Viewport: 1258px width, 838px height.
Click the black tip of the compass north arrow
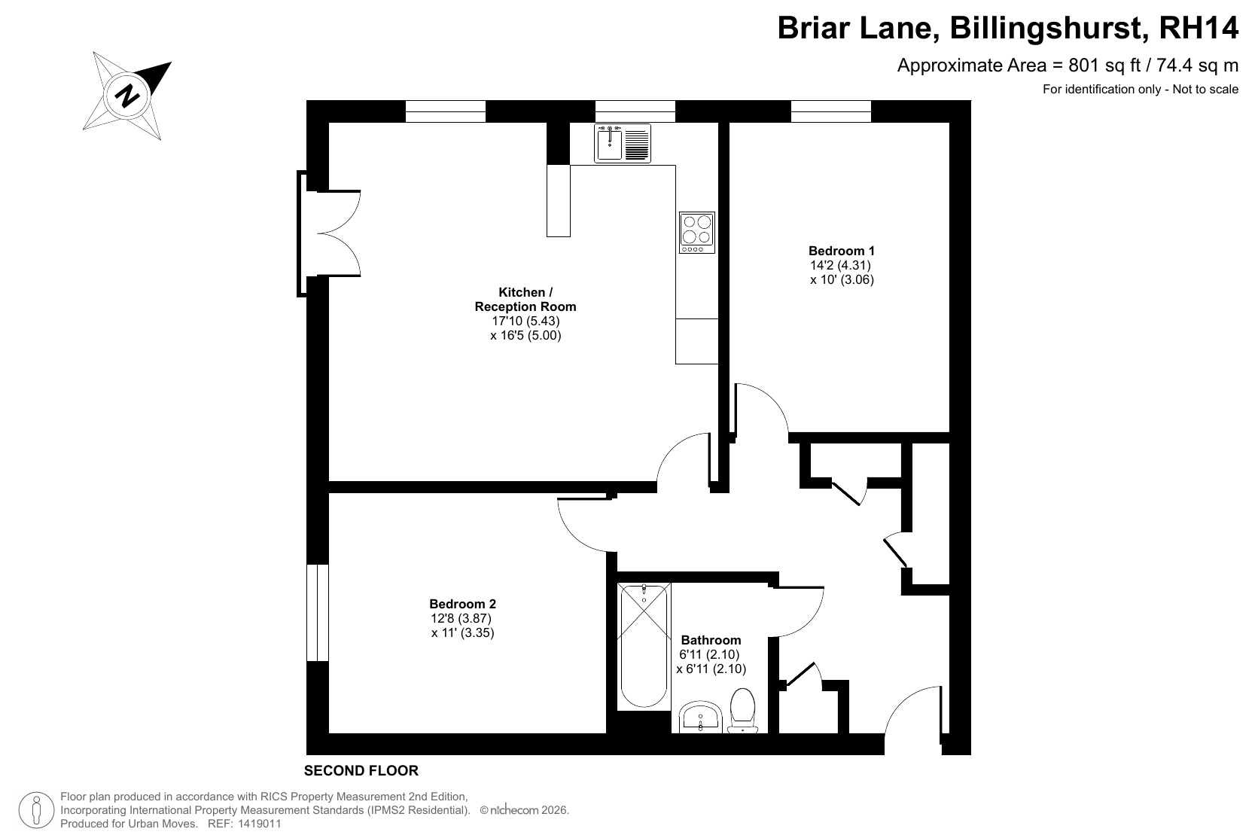tap(171, 62)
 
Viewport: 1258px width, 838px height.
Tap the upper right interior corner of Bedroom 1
tap(949, 123)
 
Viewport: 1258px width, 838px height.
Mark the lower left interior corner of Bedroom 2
tap(329, 733)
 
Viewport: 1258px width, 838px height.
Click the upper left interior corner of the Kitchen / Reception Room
tap(329, 123)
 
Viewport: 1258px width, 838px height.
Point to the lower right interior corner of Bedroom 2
tap(606, 733)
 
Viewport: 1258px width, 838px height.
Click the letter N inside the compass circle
tap(127, 96)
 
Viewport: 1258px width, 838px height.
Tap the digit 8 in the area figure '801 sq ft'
tap(1074, 66)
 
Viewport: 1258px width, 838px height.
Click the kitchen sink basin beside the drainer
tap(609, 144)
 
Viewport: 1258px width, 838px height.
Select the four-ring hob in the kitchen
tap(697, 233)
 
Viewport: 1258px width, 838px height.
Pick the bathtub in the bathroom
tap(644, 647)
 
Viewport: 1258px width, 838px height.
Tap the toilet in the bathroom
tap(742, 711)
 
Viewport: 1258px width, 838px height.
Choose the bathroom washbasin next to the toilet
tap(700, 718)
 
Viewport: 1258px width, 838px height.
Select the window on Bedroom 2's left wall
tap(317, 613)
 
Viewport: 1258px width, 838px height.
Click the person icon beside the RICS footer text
tap(36, 810)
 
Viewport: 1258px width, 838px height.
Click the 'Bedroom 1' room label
tap(841, 251)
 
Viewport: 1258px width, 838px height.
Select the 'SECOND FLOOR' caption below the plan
tap(361, 770)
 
